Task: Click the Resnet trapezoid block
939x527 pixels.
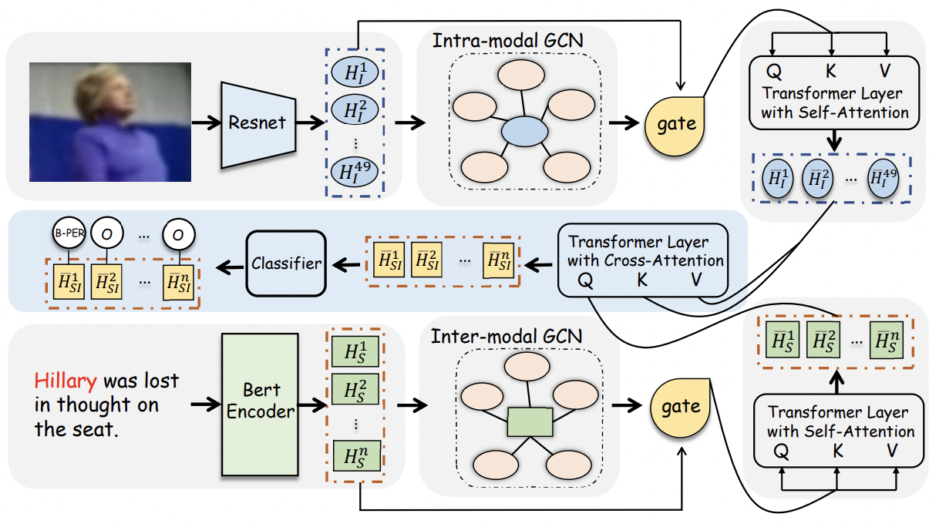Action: (258, 125)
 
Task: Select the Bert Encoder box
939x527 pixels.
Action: (260, 404)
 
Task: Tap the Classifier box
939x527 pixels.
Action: (286, 263)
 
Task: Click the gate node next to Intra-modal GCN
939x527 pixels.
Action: (675, 126)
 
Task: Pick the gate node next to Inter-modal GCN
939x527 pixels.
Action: (680, 408)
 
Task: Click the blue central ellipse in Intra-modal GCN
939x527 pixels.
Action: (524, 132)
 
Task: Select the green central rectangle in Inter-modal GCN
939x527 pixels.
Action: (530, 422)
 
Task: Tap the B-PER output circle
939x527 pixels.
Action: (69, 233)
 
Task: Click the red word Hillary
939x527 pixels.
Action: (66, 381)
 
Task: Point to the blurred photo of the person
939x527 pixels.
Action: (110, 122)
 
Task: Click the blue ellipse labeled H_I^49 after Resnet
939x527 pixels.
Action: (354, 172)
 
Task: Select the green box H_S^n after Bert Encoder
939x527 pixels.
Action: (357, 456)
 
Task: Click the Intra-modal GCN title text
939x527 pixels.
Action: (507, 41)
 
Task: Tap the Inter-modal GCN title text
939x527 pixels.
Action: (507, 337)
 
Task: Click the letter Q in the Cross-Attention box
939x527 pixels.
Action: (585, 280)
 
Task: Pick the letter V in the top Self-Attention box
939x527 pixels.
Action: (885, 71)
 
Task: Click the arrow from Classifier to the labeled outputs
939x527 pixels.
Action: (230, 267)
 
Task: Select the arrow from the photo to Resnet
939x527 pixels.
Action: (207, 123)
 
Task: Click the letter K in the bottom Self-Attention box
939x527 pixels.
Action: (837, 451)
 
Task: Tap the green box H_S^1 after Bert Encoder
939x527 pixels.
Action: (355, 351)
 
